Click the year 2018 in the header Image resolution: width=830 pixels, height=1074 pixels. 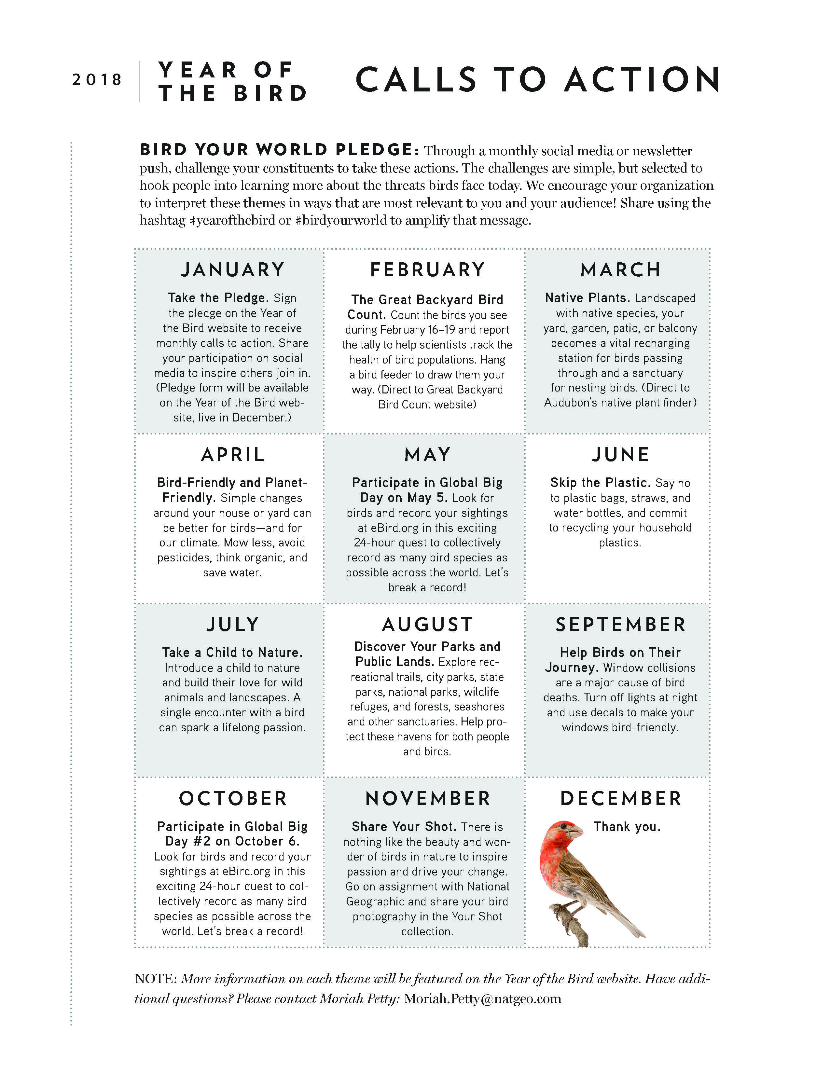click(97, 80)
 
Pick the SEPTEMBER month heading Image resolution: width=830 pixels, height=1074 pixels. click(620, 625)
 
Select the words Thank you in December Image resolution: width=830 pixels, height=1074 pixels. click(627, 827)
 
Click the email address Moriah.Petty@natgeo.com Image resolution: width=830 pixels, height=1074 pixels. click(482, 999)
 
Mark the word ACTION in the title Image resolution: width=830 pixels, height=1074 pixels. click(643, 80)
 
